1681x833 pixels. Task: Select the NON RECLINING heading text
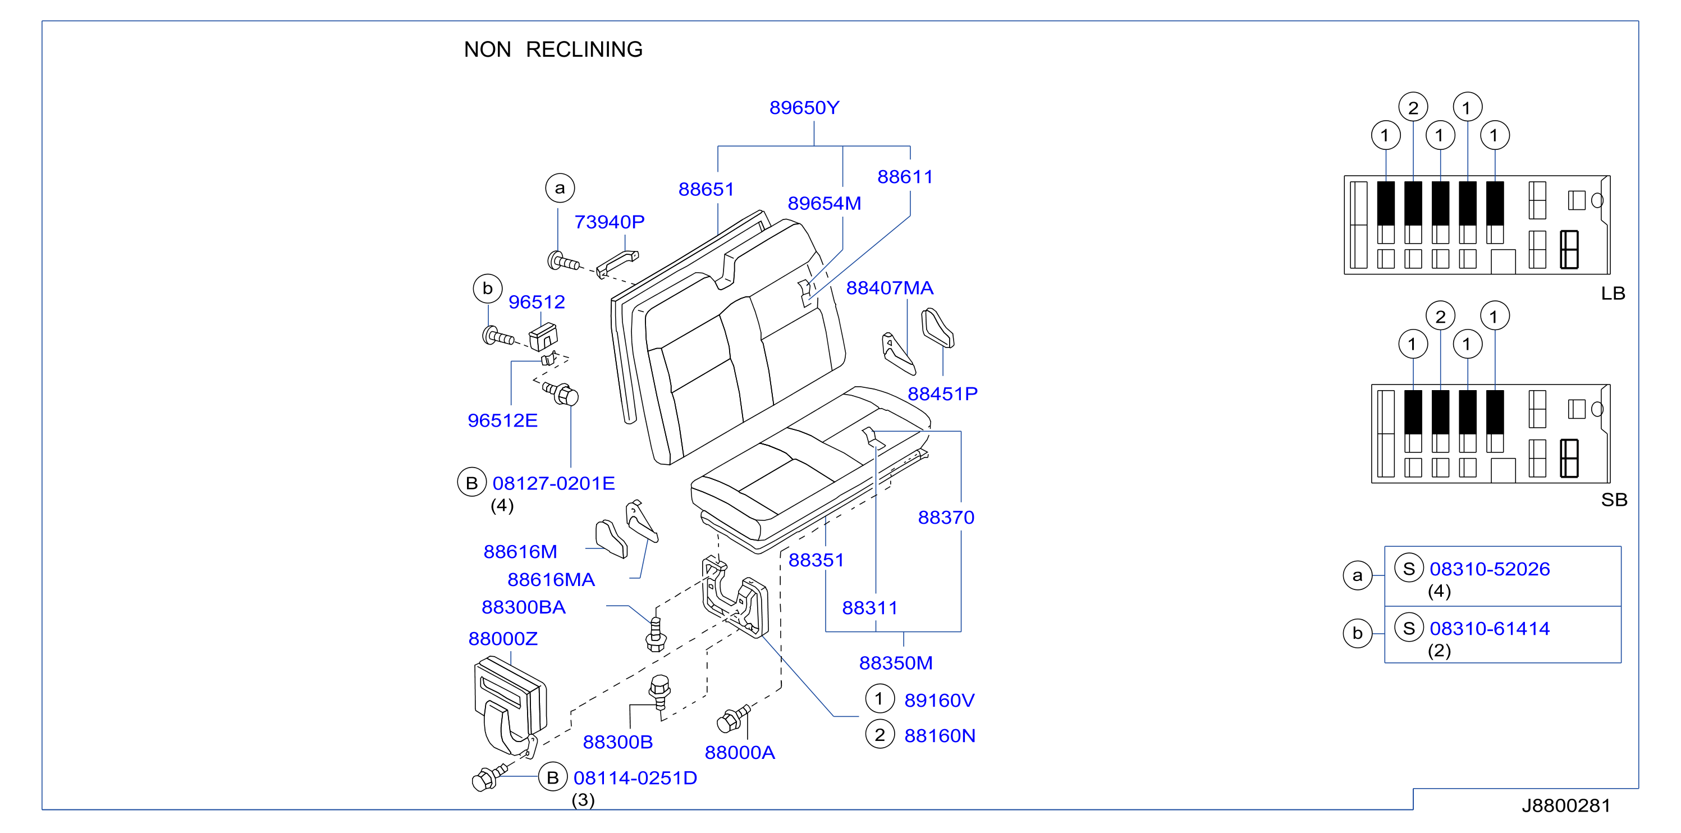(553, 49)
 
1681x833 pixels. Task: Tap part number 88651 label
(706, 189)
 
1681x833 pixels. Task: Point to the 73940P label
(609, 222)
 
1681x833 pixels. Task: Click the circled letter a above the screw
(560, 188)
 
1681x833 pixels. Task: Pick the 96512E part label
(502, 420)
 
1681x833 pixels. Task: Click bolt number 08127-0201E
(553, 483)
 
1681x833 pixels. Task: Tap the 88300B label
(617, 742)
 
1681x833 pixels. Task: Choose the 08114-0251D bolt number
(635, 777)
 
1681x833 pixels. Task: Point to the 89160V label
(939, 700)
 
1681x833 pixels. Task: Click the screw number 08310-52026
(1489, 569)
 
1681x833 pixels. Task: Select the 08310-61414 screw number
(1489, 628)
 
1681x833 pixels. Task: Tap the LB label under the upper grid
(1613, 293)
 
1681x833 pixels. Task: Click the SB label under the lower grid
(1614, 500)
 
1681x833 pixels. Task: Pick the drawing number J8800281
(1565, 805)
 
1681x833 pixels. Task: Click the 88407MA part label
(890, 288)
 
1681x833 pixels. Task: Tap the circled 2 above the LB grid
(1413, 107)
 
